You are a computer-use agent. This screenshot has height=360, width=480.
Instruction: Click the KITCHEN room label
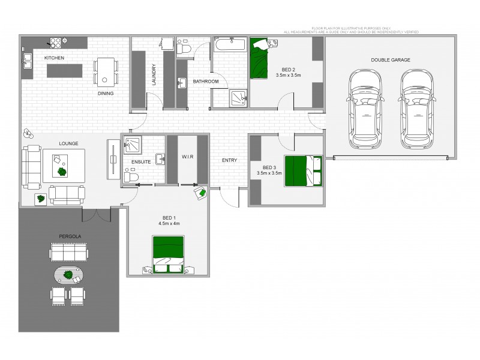click(54, 58)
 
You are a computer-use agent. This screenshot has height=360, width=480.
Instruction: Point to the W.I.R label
click(187, 157)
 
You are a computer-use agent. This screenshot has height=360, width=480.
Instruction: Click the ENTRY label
click(229, 160)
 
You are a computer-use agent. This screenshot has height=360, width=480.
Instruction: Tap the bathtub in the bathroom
click(229, 45)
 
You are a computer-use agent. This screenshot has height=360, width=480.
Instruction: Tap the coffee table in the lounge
click(62, 164)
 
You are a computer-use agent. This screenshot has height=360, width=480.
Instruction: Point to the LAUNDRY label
click(154, 76)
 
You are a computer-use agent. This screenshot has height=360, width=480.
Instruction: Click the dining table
click(106, 71)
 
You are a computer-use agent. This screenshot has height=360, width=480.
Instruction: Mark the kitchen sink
click(28, 60)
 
